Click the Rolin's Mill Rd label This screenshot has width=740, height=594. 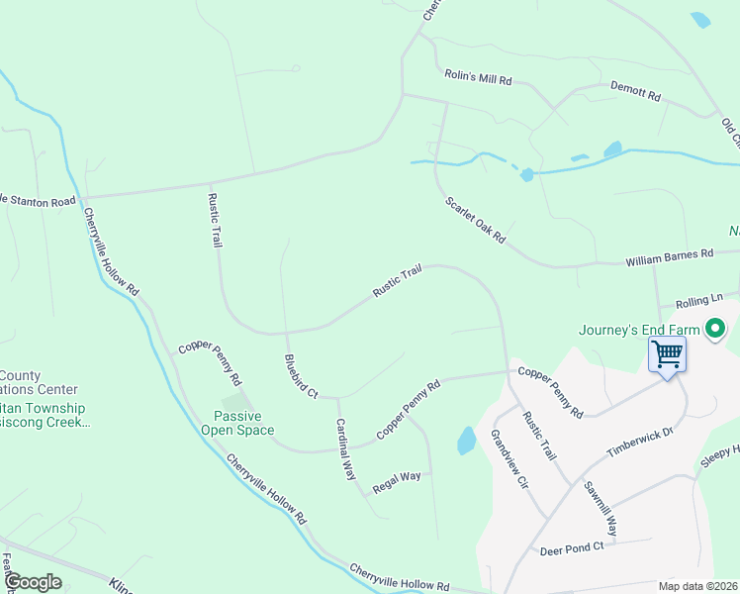pos(478,77)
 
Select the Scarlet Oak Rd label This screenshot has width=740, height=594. pos(476,220)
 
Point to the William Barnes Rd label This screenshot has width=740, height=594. pos(669,258)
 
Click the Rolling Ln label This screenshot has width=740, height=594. pos(699,300)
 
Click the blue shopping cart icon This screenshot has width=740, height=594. pos(667,352)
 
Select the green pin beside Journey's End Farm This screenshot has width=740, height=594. pos(717,329)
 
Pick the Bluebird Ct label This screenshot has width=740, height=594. pos(300,377)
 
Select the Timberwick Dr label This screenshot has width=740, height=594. pos(639,441)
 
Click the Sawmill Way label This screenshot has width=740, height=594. pos(600,509)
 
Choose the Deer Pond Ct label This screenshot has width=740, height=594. pos(572,549)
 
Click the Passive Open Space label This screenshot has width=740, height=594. pos(237,423)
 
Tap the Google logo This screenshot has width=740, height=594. pos(33,582)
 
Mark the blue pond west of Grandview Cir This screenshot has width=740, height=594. pos(467,441)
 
